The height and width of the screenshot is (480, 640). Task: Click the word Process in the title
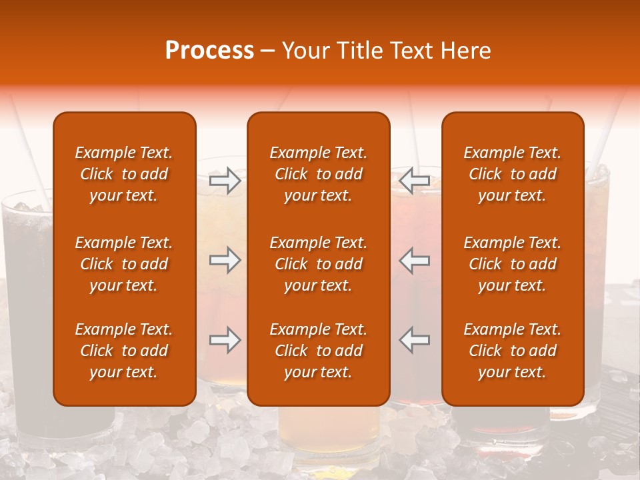point(209,51)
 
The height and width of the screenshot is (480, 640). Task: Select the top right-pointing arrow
point(225,181)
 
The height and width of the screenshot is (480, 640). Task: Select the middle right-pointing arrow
point(225,261)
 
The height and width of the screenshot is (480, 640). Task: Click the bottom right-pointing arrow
point(225,340)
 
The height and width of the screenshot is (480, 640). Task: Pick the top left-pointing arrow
point(414,181)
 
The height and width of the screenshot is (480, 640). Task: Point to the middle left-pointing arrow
point(414,261)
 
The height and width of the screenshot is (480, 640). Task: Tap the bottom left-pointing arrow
point(414,340)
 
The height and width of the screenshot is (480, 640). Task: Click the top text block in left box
point(124,174)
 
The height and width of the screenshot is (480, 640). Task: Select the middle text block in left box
point(124,264)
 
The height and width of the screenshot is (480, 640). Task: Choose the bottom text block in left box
point(124,351)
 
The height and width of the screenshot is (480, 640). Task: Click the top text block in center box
point(319,174)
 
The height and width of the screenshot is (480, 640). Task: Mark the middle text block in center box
point(319,264)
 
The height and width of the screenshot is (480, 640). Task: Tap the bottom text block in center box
point(319,351)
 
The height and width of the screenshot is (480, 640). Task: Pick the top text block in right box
point(513,174)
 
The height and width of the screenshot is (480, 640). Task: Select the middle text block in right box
point(513,264)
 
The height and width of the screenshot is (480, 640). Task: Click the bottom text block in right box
point(513,351)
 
